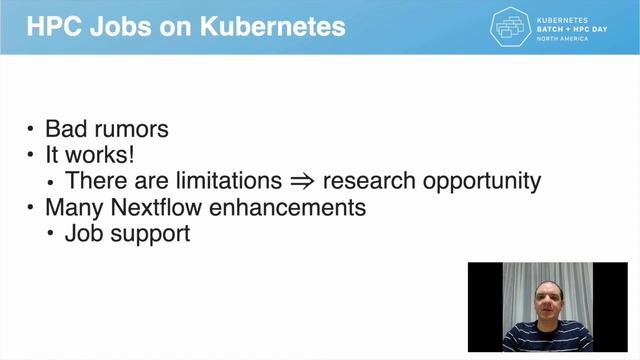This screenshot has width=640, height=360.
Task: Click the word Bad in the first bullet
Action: tap(68, 130)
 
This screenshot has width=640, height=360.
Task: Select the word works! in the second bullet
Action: tap(100, 156)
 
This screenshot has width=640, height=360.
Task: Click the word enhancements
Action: tap(289, 208)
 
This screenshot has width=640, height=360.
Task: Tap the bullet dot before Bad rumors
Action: tap(31, 131)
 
